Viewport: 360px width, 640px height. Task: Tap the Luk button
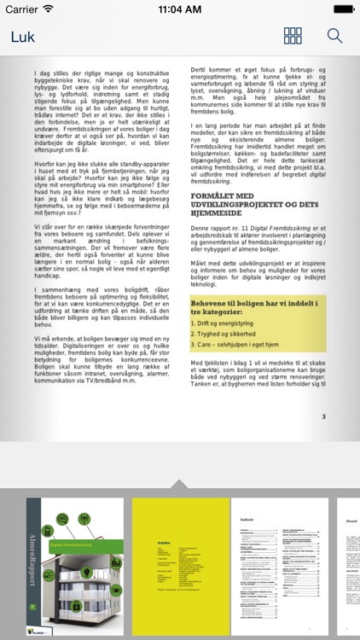pos(24,37)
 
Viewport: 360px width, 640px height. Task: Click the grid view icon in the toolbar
pos(293,37)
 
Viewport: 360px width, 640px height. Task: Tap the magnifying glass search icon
pos(334,37)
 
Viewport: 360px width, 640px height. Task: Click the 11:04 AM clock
pos(180,9)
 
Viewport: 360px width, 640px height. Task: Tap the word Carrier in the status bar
pos(21,9)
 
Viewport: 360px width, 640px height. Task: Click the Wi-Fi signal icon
pos(48,9)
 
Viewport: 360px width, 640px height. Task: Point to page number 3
pos(323,417)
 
